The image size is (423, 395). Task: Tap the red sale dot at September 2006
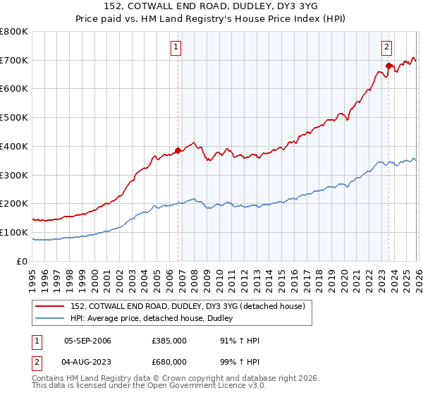(178, 150)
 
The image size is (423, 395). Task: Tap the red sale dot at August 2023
(388, 66)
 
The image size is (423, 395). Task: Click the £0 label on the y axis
(23, 261)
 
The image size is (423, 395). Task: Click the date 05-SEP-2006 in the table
(87, 341)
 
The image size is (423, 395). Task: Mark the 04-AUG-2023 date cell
(87, 362)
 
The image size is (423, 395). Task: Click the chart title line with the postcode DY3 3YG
(211, 7)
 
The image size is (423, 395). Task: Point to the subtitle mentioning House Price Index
(211, 19)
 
